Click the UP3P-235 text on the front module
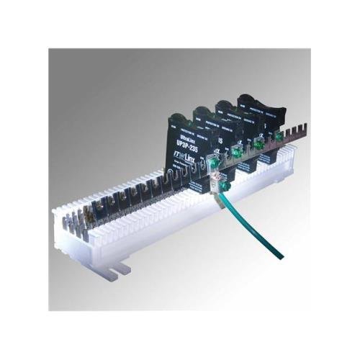183,145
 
